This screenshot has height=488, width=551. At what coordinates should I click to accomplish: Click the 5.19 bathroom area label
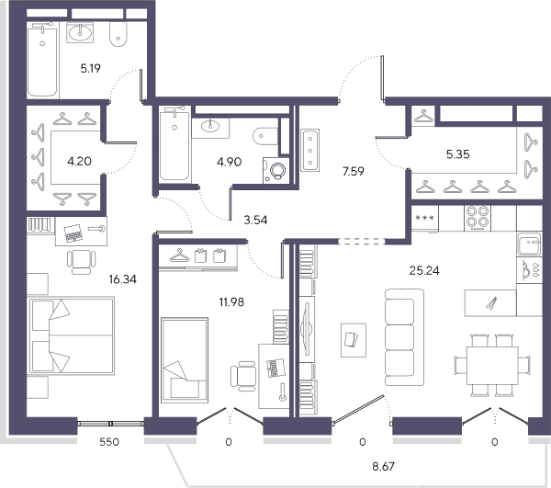[x=90, y=68]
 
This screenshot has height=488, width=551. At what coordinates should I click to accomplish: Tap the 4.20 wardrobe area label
[x=79, y=162]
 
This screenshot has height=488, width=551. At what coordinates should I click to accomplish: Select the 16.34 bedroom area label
[x=123, y=279]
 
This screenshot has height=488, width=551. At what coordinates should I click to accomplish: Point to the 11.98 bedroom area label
[x=231, y=302]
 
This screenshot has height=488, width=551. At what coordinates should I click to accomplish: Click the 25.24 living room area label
[x=424, y=271]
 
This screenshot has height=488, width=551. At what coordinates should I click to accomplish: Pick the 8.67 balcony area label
[x=383, y=467]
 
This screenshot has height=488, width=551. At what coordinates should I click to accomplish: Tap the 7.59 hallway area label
[x=354, y=171]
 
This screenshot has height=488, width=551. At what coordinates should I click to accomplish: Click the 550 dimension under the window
[x=109, y=442]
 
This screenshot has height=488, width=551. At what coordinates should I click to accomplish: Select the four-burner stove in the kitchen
[x=478, y=218]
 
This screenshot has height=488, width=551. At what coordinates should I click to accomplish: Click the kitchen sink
[x=529, y=244]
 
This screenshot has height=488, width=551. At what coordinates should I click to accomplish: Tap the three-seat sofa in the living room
[x=404, y=337]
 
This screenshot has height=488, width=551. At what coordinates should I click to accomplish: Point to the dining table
[x=492, y=366]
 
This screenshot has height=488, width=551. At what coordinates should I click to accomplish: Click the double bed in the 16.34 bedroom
[x=72, y=335]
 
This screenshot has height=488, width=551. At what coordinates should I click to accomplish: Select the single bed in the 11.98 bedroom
[x=185, y=359]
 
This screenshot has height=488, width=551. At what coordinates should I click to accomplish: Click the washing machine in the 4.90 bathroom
[x=275, y=171]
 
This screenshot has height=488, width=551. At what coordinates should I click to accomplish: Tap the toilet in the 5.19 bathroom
[x=118, y=34]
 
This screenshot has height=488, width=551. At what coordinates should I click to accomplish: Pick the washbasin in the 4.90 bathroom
[x=210, y=127]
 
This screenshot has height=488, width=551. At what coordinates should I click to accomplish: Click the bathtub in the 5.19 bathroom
[x=42, y=61]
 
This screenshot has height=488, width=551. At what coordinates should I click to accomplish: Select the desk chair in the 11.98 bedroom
[x=243, y=376]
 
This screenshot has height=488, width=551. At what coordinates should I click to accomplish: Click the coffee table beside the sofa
[x=354, y=340]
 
